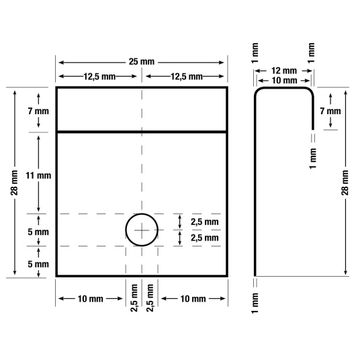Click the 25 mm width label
[142, 62]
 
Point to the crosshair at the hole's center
[142, 230]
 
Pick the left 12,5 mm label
[99, 77]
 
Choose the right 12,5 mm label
[186, 77]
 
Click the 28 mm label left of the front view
[16, 182]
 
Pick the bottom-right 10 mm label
[194, 298]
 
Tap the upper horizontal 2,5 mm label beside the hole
[204, 222]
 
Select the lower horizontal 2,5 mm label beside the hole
[204, 238]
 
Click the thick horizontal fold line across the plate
[142, 132]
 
